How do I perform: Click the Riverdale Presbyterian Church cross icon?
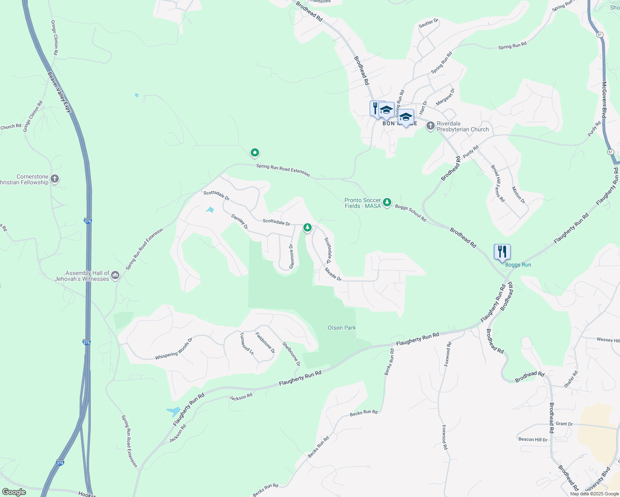431,125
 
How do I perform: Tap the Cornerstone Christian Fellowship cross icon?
55,179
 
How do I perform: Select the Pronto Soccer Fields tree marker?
387,202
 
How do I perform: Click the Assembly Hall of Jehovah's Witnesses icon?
115,275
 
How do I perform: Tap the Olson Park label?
341,328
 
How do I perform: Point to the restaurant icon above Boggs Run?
501,251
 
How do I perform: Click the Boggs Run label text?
518,265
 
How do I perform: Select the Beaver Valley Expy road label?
60,92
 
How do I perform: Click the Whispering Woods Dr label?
174,349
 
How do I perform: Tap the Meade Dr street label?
333,274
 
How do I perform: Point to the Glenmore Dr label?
291,256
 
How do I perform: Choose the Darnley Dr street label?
239,222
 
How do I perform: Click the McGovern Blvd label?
604,100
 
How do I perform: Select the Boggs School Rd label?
410,212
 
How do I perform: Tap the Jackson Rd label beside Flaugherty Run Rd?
241,397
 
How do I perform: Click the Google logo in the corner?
14,492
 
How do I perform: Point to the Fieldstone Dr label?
265,343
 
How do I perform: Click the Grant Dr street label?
564,424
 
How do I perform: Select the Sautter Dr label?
428,23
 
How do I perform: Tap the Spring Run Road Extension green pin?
255,153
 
